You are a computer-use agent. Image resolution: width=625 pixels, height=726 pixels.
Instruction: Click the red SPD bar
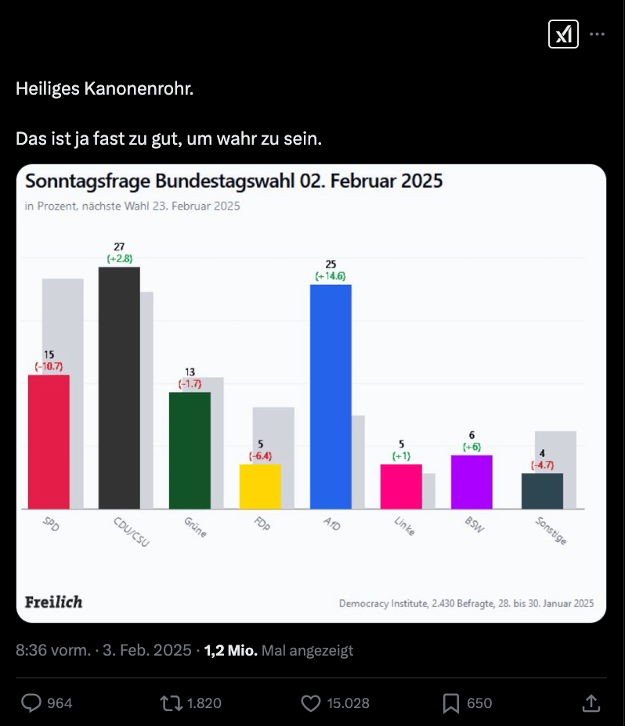coord(49,442)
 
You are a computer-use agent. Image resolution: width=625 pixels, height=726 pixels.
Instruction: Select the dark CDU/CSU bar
coord(119,387)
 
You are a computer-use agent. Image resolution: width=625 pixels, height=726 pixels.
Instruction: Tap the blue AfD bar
coord(331,396)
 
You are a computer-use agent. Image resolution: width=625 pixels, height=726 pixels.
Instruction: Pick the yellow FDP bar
coord(260,487)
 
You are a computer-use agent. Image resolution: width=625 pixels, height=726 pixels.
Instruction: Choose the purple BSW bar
coord(471,482)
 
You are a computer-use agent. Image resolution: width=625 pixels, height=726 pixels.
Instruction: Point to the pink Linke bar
coord(401,487)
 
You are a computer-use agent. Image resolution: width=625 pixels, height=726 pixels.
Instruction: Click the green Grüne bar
coord(190,450)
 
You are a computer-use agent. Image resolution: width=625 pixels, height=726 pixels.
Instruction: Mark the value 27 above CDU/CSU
coord(119,247)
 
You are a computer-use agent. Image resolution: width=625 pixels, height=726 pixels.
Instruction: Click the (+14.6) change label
coord(331,276)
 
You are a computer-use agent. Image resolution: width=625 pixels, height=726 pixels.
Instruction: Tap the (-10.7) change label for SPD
coord(49,365)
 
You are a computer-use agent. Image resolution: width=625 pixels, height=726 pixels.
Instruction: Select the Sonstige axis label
coord(551,530)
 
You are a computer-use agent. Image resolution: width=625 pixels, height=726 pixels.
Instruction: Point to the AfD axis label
coord(331,524)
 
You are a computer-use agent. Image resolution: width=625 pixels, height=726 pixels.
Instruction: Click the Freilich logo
coord(53,602)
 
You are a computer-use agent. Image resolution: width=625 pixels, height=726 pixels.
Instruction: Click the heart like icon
coord(311,703)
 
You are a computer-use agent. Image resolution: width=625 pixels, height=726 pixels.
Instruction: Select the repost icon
coord(170,703)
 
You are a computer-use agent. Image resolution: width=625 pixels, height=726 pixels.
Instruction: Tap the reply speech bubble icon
coord(31,703)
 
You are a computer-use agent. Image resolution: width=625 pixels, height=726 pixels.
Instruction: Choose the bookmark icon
coord(451,703)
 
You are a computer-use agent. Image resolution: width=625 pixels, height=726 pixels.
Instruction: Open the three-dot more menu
coord(597,34)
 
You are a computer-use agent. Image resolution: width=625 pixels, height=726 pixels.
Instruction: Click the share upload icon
coord(592,703)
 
